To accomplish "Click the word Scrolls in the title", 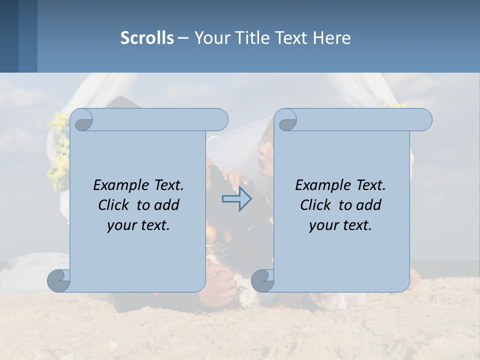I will (147, 38).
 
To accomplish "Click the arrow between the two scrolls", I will (236, 199).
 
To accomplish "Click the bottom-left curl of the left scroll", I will (59, 280).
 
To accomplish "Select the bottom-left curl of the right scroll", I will (262, 280).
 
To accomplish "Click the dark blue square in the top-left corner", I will (9, 36).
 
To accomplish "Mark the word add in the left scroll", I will (166, 205).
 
